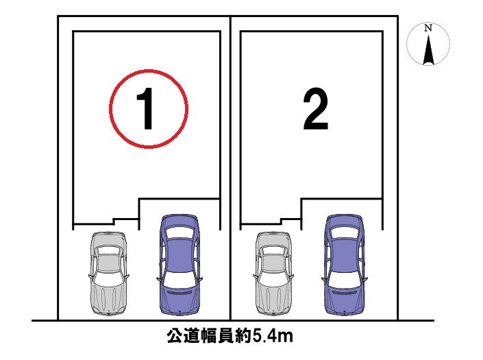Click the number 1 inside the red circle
(x=146, y=108)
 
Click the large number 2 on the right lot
(x=316, y=108)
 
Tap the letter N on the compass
(x=428, y=27)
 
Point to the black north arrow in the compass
(x=428, y=49)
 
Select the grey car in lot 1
(x=108, y=273)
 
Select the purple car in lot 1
(x=180, y=265)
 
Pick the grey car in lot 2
(x=273, y=273)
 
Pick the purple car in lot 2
(x=345, y=265)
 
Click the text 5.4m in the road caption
(x=273, y=336)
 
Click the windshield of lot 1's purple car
(x=180, y=280)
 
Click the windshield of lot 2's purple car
(x=345, y=280)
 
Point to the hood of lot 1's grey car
(x=108, y=298)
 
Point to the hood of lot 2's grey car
(x=273, y=298)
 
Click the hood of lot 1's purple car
(x=180, y=300)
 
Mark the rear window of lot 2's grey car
(x=273, y=250)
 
